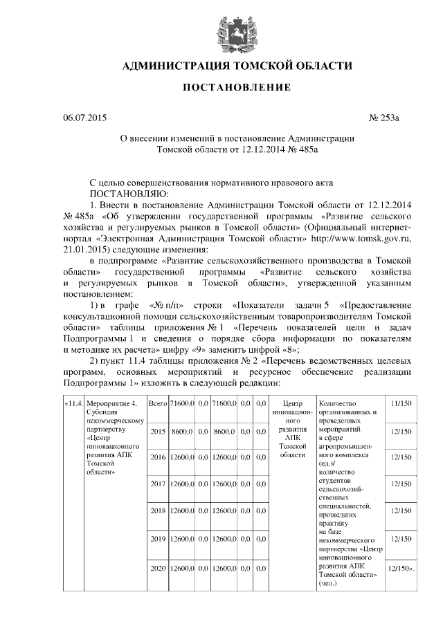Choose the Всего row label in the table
[x=158, y=403]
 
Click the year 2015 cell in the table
[x=158, y=431]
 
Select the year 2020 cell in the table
[x=158, y=569]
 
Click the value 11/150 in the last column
[x=401, y=403]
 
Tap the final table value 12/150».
[x=401, y=569]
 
